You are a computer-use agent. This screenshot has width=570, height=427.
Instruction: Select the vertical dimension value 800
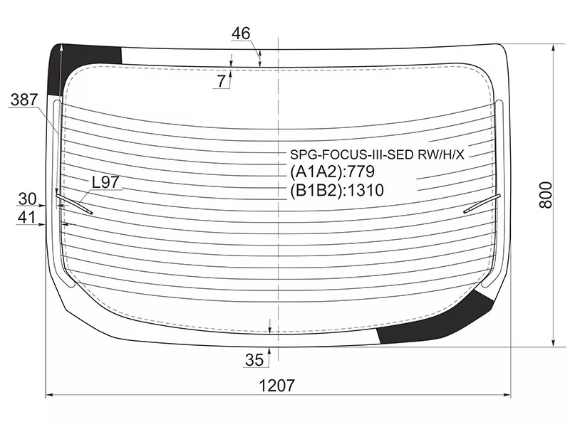(546, 193)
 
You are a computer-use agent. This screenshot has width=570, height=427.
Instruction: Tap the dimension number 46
(242, 33)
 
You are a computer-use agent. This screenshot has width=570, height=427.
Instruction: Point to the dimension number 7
(222, 81)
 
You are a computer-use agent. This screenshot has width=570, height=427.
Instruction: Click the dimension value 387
(25, 101)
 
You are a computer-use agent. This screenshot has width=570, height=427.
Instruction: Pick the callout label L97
(105, 182)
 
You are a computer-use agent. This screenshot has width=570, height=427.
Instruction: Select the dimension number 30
(27, 198)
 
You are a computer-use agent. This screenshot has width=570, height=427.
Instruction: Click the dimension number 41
(27, 217)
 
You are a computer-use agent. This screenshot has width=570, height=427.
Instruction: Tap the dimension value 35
(254, 359)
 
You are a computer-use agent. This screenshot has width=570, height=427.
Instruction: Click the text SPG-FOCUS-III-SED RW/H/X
(376, 154)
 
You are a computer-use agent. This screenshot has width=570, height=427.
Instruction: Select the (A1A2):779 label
(332, 172)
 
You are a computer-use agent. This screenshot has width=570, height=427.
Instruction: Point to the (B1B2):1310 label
(337, 190)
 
